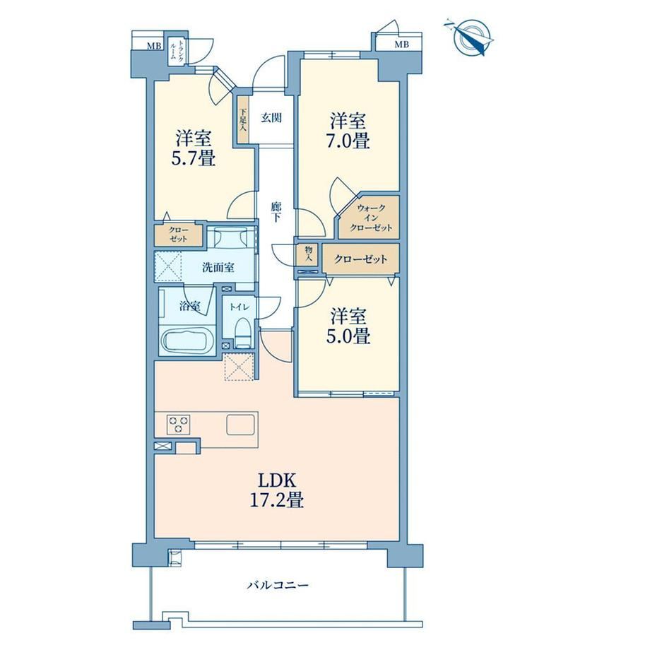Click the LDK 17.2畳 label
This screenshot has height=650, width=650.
point(277,491)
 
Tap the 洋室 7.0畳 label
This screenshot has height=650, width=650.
point(348,131)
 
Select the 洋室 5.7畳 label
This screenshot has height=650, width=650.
point(194,148)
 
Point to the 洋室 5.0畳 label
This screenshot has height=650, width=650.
point(348,326)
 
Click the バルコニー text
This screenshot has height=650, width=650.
point(278,585)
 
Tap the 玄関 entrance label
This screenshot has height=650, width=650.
point(271,118)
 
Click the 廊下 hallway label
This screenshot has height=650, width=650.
point(276,212)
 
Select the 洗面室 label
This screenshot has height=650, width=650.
point(218,267)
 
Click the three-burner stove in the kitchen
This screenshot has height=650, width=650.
point(178,424)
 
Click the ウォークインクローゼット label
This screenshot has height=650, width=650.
point(371,218)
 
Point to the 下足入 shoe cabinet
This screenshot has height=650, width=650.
point(243,120)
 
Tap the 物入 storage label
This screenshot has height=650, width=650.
point(308,254)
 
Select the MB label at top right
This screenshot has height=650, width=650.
point(401,45)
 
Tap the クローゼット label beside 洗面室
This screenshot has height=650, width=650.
point(178,235)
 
